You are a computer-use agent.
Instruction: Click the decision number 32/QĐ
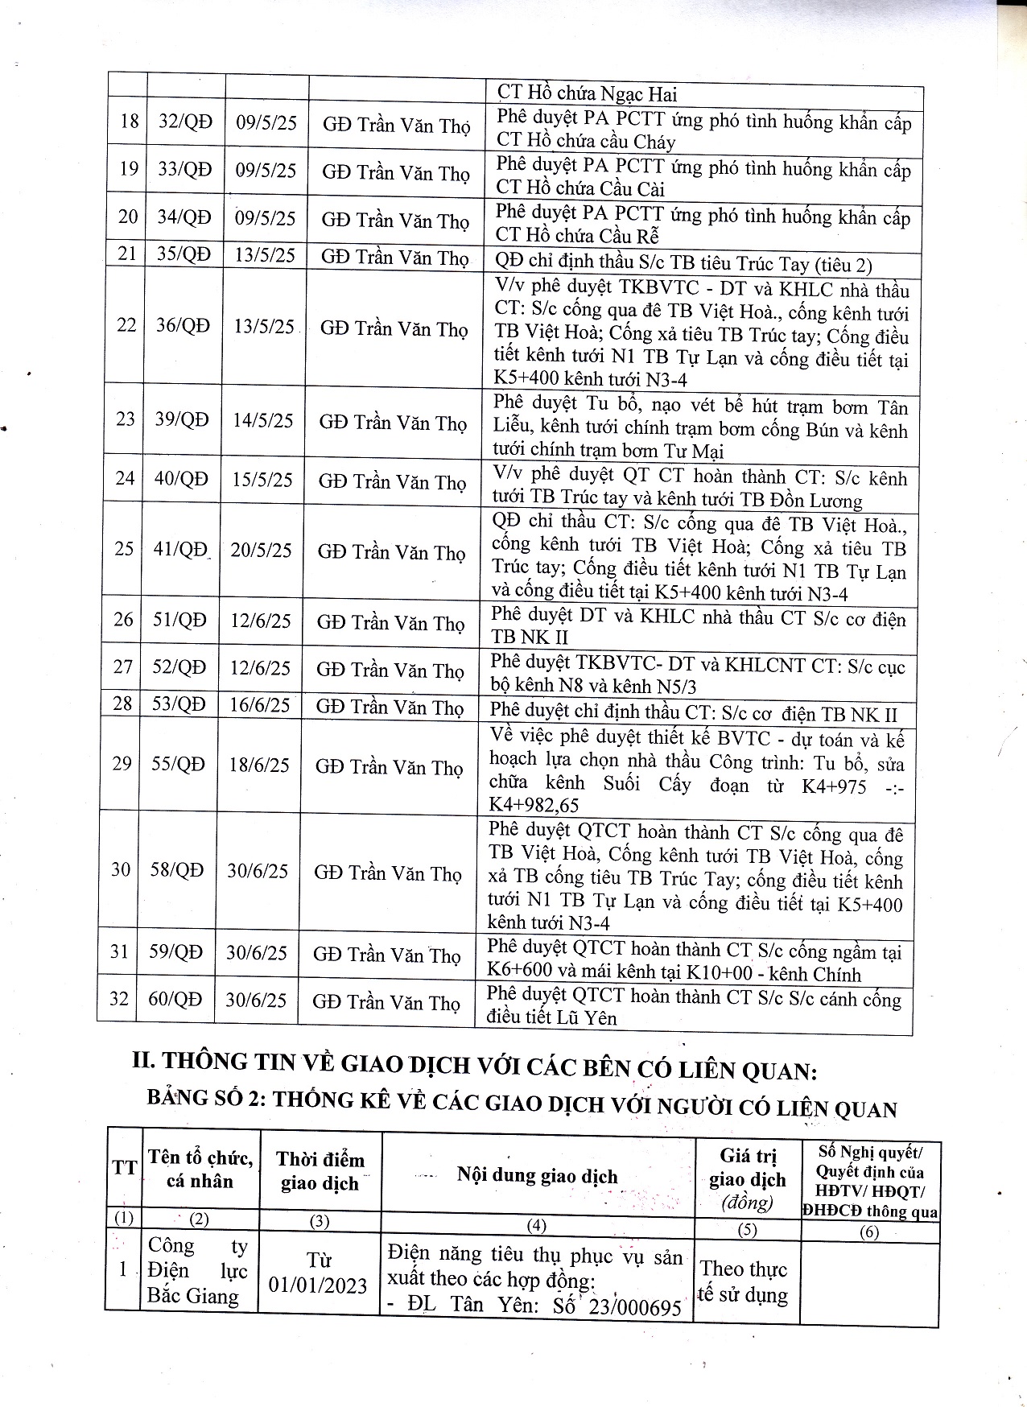point(185,122)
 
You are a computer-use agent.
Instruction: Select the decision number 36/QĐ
point(183,325)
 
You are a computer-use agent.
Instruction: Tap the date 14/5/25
point(263,420)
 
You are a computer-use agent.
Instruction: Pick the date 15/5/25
point(262,480)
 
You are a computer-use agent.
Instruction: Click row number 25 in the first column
point(124,549)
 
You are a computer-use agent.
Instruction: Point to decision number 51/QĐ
point(179,620)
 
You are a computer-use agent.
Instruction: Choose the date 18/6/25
point(258,764)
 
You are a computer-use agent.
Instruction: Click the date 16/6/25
point(259,705)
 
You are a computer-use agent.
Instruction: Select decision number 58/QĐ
point(177,870)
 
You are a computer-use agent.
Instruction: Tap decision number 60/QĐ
point(175,999)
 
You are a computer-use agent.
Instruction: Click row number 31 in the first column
point(119,951)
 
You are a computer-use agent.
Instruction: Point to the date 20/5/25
point(261,551)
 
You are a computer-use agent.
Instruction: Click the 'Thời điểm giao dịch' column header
point(320,1171)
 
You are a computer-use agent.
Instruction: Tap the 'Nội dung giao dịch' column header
point(538,1176)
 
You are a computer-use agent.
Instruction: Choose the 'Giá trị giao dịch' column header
point(748,1179)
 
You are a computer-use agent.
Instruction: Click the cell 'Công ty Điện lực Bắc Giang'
point(198,1270)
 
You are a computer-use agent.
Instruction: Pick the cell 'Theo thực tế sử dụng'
point(744,1282)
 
